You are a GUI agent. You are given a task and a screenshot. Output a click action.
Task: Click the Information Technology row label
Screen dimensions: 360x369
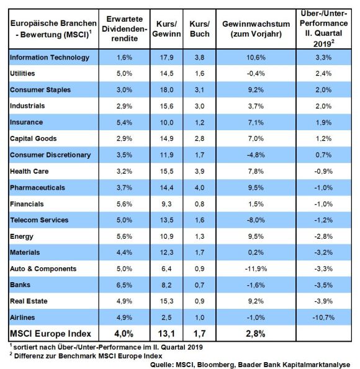50,58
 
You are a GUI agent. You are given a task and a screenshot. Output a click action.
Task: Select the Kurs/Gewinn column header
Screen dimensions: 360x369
166,29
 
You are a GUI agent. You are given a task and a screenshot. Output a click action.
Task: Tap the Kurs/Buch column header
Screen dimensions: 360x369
200,29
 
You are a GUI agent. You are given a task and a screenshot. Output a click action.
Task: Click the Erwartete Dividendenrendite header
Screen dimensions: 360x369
124,29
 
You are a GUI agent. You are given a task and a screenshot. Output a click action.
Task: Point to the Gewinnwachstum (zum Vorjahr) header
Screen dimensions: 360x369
256,29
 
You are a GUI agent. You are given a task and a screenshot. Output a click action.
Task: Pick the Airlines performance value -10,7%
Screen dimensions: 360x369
323,318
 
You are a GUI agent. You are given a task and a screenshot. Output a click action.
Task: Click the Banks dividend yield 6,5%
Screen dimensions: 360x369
124,285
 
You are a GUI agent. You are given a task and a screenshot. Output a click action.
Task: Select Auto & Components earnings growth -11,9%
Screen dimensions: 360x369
256,269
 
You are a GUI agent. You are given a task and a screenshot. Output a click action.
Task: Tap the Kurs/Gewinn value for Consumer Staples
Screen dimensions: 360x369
166,90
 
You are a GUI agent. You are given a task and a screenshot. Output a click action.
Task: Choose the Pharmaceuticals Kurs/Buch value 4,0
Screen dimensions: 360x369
200,188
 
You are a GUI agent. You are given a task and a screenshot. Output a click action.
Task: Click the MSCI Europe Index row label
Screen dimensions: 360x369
50,334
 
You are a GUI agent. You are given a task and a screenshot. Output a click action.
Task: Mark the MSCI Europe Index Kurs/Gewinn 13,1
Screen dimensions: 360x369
166,334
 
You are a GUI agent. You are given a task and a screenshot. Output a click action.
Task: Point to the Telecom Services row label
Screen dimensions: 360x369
39,220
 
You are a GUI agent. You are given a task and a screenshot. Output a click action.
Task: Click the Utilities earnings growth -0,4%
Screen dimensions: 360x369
256,74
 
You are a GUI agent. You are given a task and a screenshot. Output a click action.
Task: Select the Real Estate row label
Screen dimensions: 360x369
29,301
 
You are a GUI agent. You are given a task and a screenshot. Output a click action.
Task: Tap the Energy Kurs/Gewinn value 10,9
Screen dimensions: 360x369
166,236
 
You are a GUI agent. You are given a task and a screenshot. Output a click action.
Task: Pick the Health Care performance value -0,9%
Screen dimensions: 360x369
323,171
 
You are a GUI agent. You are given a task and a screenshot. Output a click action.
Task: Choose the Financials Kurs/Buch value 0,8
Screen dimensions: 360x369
200,204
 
